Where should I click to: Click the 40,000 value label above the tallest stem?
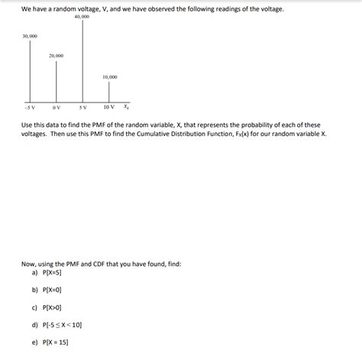tap(82, 17)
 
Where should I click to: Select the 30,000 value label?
tap(30, 36)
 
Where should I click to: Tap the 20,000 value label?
tap(56, 56)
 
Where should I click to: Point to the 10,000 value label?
tap(109, 77)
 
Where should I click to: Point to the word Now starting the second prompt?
tap(28, 262)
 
